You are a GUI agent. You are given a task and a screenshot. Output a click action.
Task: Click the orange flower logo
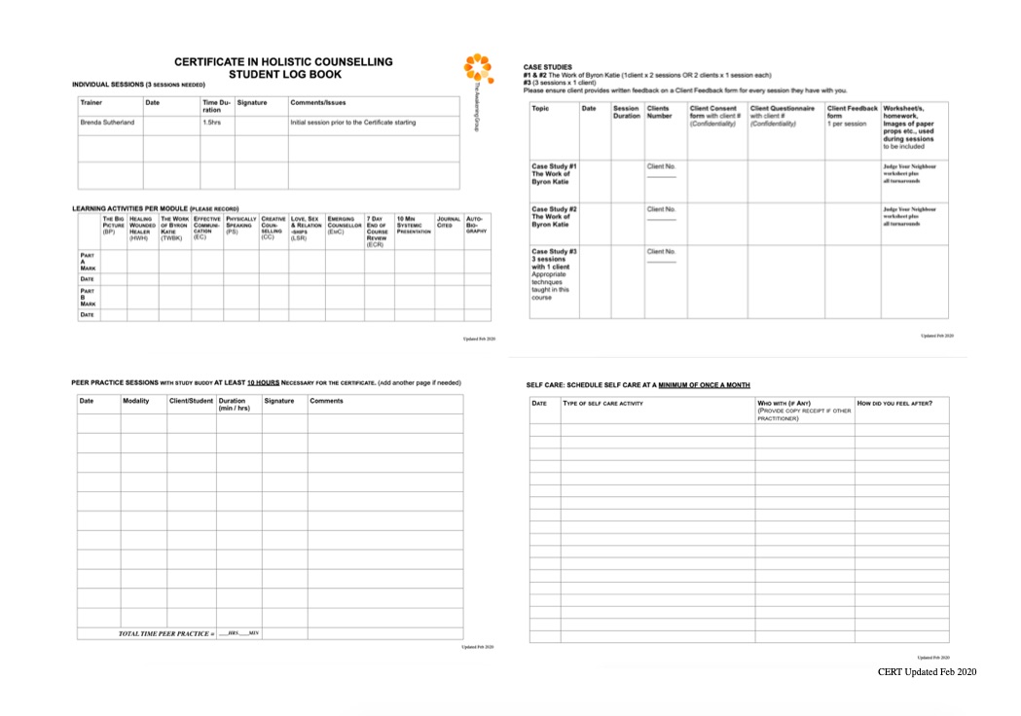point(478,68)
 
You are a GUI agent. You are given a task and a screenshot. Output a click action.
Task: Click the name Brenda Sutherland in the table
point(107,123)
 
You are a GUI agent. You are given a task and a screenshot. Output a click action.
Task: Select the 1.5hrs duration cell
point(211,123)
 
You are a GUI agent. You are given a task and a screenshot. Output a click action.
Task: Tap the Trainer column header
point(91,102)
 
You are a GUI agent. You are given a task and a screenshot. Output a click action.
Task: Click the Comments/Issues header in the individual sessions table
point(317,102)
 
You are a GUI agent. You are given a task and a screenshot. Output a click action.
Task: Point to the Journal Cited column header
point(448,223)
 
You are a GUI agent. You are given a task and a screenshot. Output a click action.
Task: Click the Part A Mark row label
point(88,261)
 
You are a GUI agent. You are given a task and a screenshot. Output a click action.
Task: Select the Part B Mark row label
point(88,297)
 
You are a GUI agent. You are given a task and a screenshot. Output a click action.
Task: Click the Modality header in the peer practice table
point(136,401)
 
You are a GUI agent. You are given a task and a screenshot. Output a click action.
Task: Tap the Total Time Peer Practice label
point(166,633)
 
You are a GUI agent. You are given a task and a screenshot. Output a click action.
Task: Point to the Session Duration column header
point(627,112)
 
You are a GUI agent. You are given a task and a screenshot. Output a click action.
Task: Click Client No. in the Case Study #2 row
point(661,209)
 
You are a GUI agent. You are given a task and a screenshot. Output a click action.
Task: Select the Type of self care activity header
point(603,404)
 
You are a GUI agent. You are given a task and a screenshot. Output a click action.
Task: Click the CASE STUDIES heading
point(548,66)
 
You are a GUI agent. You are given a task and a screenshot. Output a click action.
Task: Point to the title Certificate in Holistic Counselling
point(284,61)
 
